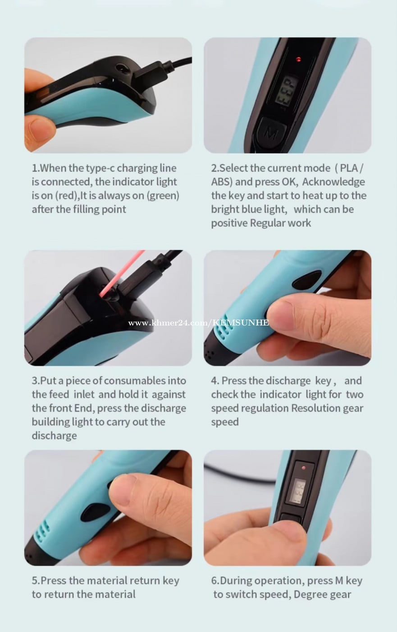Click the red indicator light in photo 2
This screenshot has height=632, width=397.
(298, 59)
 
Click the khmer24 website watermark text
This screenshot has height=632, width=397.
(198, 322)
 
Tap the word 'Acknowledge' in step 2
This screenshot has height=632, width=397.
(333, 182)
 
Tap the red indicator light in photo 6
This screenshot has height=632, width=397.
(304, 468)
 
